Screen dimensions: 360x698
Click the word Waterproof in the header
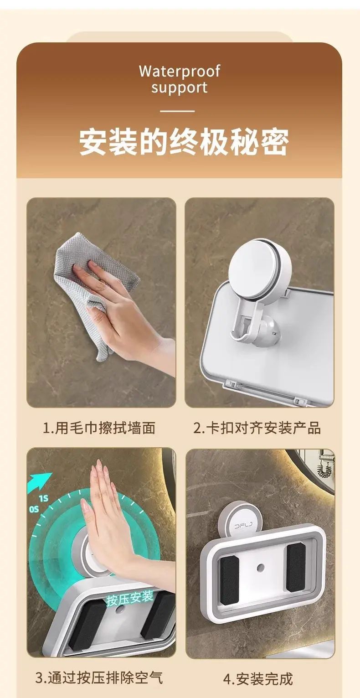pyautogui.click(x=180, y=71)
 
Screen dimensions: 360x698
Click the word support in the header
pyautogui.click(x=180, y=88)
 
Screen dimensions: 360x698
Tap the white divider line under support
pyautogui.click(x=177, y=111)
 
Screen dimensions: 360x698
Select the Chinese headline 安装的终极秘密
pyautogui.click(x=184, y=142)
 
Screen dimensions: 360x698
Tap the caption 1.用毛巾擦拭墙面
pyautogui.click(x=99, y=428)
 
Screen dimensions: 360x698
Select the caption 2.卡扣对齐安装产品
pyautogui.click(x=257, y=428)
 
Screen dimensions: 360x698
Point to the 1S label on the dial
pyautogui.click(x=44, y=499)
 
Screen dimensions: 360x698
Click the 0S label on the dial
pyautogui.click(x=34, y=509)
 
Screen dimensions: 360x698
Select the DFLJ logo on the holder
pyautogui.click(x=243, y=527)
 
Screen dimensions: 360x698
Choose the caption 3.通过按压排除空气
pyautogui.click(x=99, y=677)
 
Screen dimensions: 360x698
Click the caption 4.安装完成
pyautogui.click(x=258, y=679)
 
